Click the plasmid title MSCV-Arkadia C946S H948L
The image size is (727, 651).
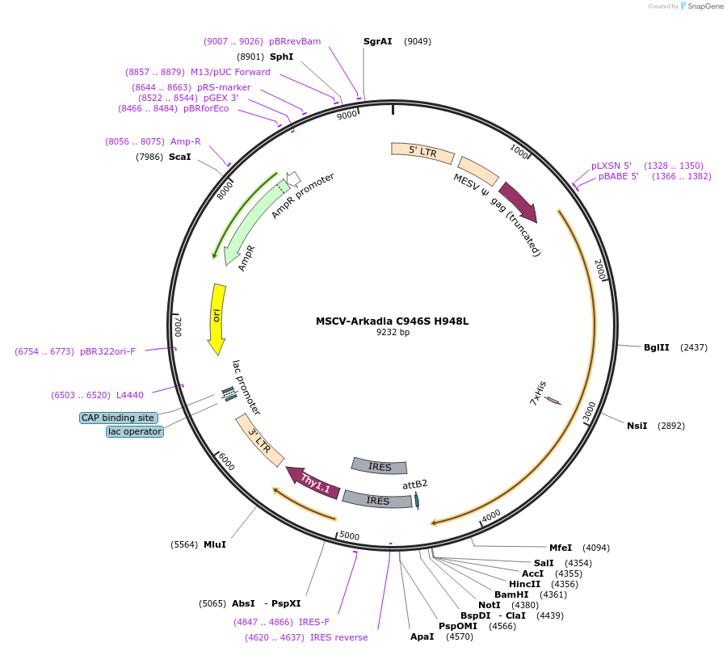click(392, 321)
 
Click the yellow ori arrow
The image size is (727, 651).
click(216, 317)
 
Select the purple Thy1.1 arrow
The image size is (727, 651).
click(313, 482)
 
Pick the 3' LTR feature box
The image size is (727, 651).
click(259, 439)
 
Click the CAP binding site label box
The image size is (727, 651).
click(118, 418)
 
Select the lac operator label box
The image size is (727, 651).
click(135, 431)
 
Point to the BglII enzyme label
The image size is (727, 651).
click(656, 347)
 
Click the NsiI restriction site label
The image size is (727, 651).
click(637, 425)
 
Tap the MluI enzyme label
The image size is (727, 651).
click(214, 544)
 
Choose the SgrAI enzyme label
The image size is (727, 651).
click(377, 40)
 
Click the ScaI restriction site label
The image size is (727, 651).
click(179, 157)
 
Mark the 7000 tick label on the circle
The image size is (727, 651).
click(179, 326)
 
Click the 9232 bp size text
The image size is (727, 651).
click(393, 332)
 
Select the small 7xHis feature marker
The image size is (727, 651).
click(553, 401)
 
